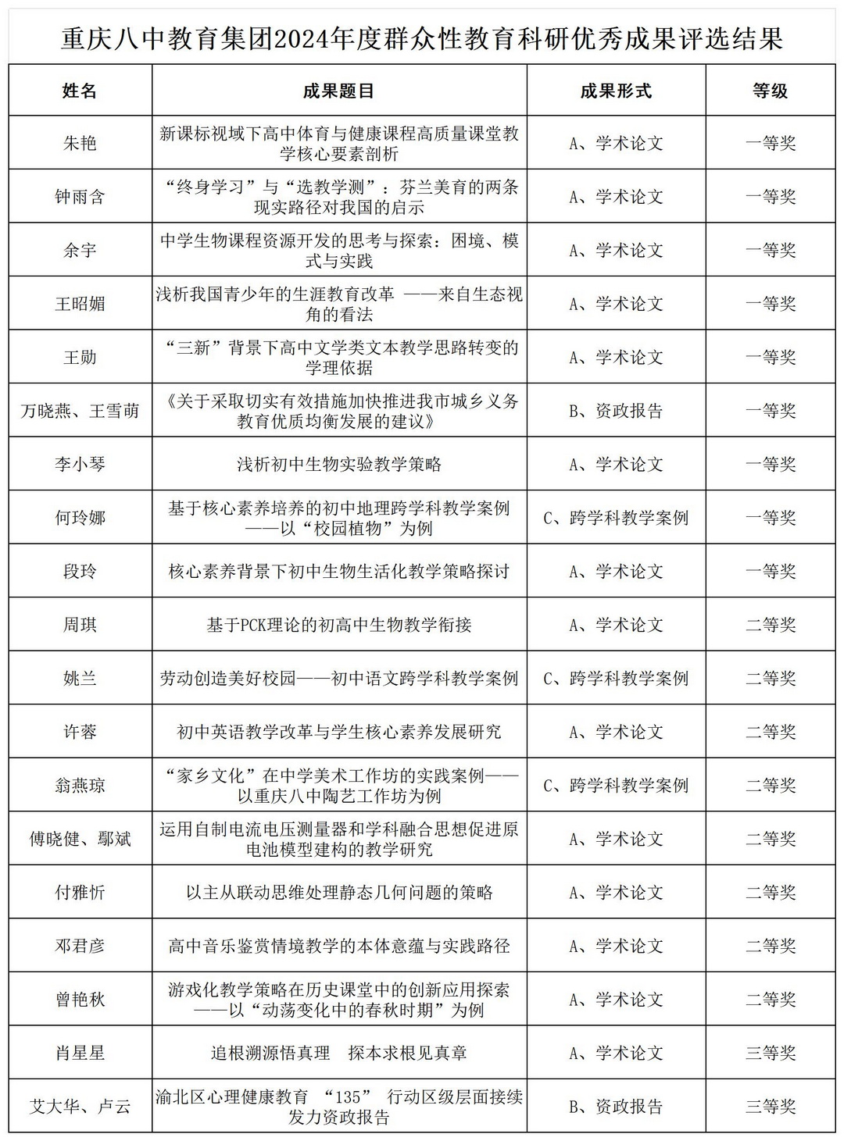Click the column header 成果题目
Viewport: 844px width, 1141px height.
click(x=338, y=91)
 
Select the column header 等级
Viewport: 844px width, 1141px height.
click(x=771, y=91)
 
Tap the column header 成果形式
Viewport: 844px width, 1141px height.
click(x=616, y=91)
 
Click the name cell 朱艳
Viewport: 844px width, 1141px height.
click(x=80, y=143)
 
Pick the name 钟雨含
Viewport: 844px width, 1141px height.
click(x=80, y=197)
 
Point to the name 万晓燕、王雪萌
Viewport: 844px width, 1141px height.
click(x=80, y=411)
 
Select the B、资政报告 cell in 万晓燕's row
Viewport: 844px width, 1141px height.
click(x=616, y=411)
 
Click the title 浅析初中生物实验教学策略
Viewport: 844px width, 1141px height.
click(x=339, y=465)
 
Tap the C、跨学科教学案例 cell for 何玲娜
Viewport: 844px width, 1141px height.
click(x=616, y=518)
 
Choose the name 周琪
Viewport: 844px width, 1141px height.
click(x=80, y=625)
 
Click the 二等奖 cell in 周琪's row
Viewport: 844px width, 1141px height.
click(x=771, y=625)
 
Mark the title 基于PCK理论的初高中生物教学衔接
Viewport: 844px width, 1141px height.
click(x=339, y=625)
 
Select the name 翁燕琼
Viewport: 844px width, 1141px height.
click(x=80, y=786)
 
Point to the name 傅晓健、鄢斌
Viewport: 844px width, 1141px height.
click(x=80, y=840)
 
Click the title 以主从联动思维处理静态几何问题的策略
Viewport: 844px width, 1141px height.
click(x=339, y=893)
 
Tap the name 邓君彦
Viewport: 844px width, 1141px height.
click(x=80, y=947)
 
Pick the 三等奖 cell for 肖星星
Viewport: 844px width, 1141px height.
click(x=771, y=1054)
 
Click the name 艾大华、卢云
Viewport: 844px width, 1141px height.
click(x=80, y=1107)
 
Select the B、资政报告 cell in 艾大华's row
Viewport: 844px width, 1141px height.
click(x=616, y=1107)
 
